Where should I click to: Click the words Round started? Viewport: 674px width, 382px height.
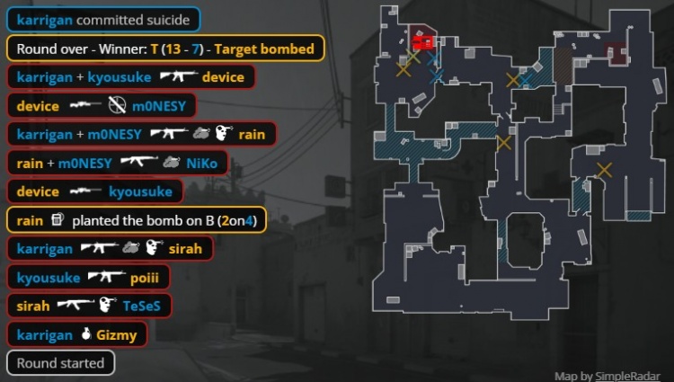[60, 363]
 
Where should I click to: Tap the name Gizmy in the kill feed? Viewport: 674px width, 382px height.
[117, 334]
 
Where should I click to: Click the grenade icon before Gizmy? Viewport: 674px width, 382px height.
[86, 333]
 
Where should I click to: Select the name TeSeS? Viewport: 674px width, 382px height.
[141, 306]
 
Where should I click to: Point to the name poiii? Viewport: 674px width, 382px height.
[145, 278]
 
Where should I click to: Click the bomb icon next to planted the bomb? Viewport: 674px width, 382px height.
[58, 220]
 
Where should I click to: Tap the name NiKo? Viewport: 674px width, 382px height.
[201, 164]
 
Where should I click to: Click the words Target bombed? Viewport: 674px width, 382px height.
[264, 49]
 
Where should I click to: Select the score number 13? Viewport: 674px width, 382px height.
[173, 49]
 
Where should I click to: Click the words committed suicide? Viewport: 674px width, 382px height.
[133, 20]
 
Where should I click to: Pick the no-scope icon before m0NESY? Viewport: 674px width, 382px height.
[117, 105]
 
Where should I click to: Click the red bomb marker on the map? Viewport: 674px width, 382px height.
[423, 42]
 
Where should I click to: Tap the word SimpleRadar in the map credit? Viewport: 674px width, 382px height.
[627, 376]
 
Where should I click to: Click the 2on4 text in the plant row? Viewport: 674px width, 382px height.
[237, 220]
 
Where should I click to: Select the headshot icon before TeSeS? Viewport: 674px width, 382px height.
[108, 305]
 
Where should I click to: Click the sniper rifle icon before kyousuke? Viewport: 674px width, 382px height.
[85, 191]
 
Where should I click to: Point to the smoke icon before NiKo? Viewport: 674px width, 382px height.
[171, 162]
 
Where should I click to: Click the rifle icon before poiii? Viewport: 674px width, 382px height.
[107, 276]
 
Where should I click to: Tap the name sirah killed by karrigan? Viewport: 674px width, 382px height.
[185, 249]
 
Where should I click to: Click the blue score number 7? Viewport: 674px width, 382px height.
[195, 49]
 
